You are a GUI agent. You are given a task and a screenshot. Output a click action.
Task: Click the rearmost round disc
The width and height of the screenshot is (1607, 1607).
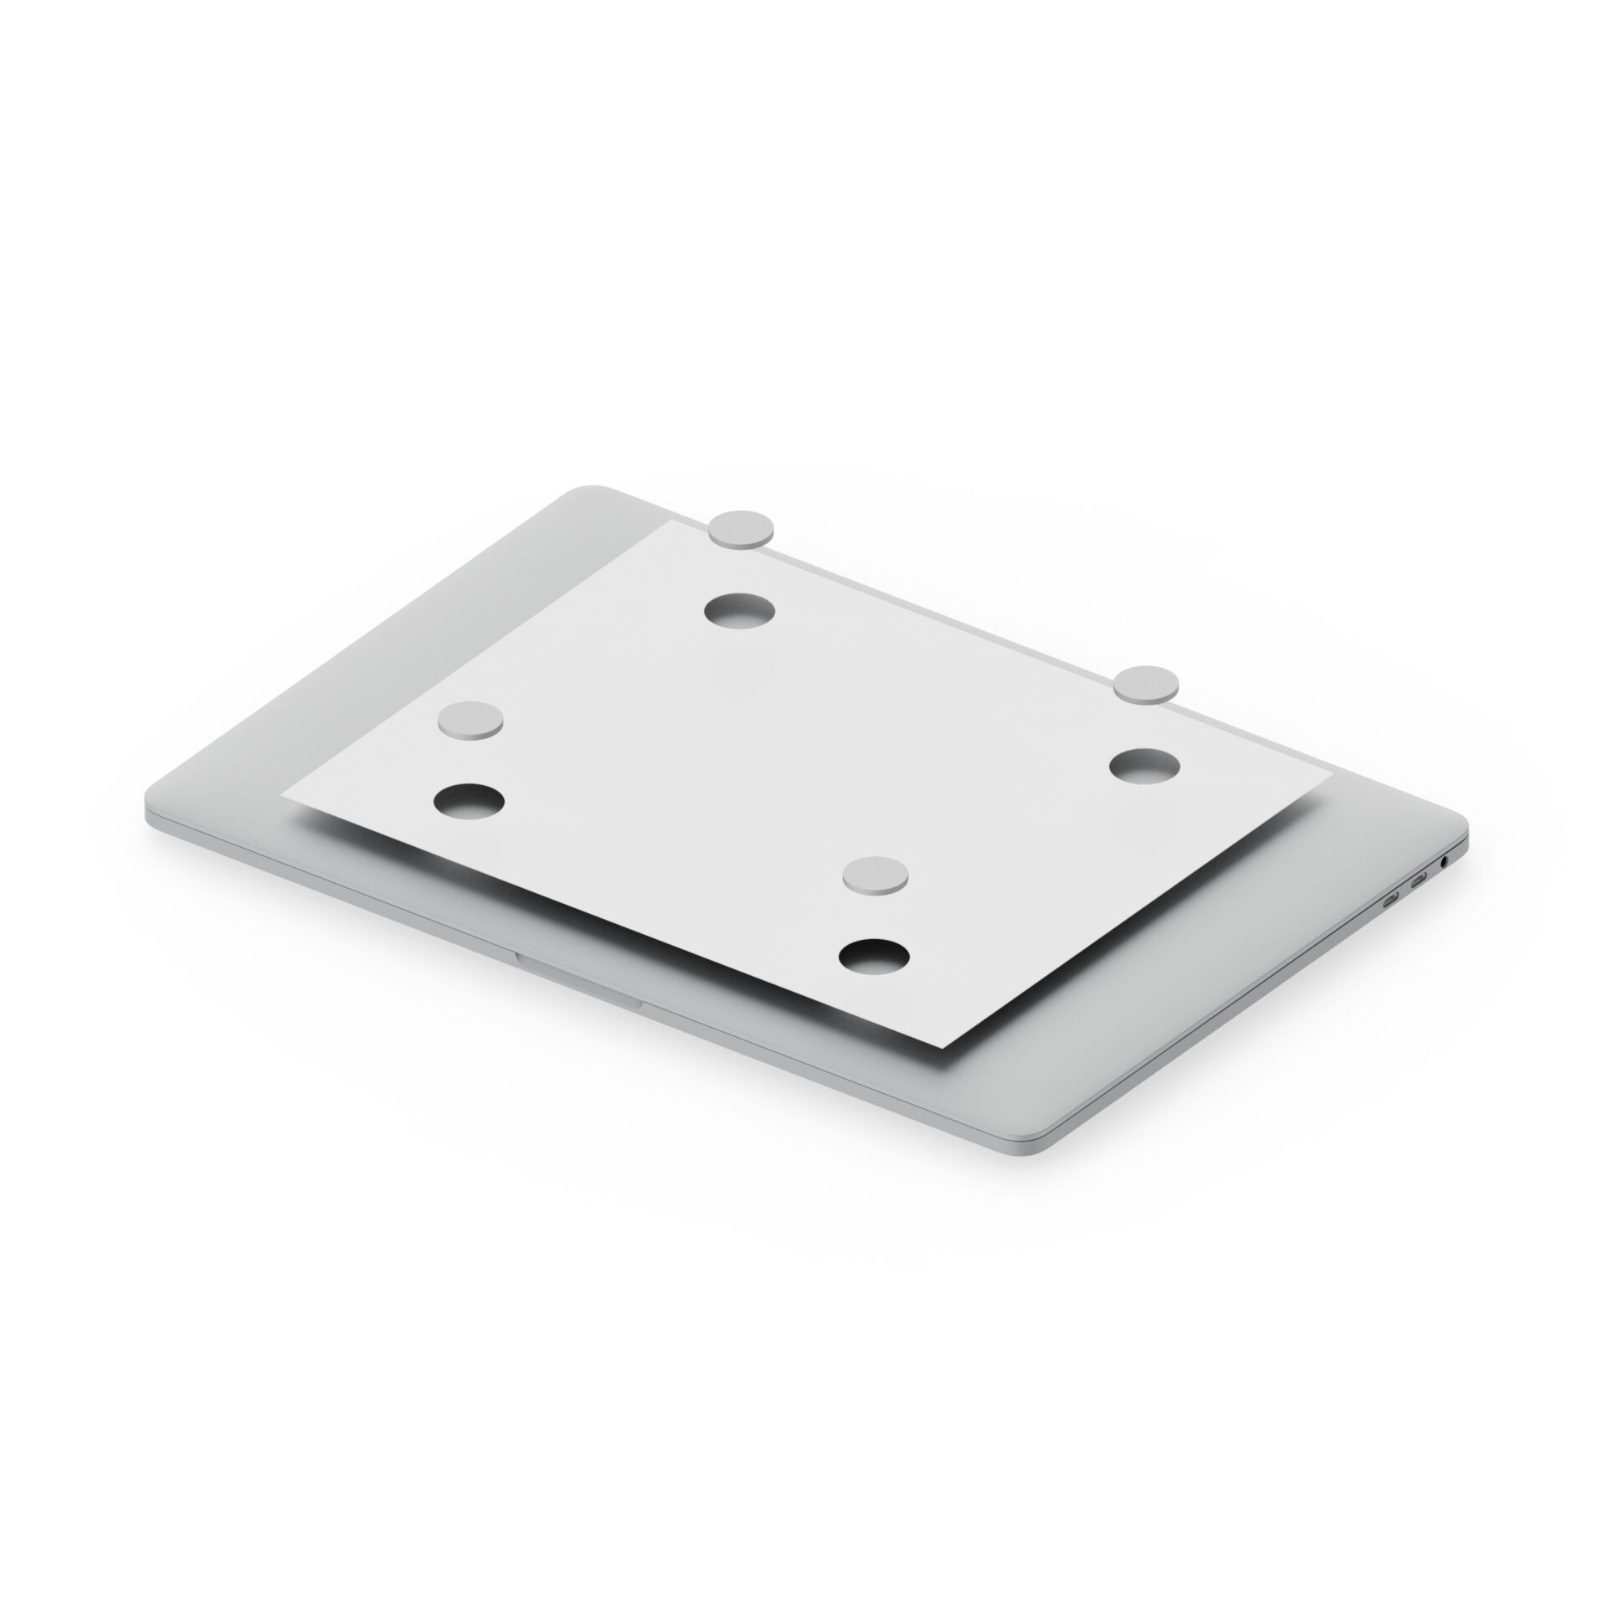click(x=742, y=530)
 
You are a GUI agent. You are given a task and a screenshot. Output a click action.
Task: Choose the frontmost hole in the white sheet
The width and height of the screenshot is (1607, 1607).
click(x=874, y=957)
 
